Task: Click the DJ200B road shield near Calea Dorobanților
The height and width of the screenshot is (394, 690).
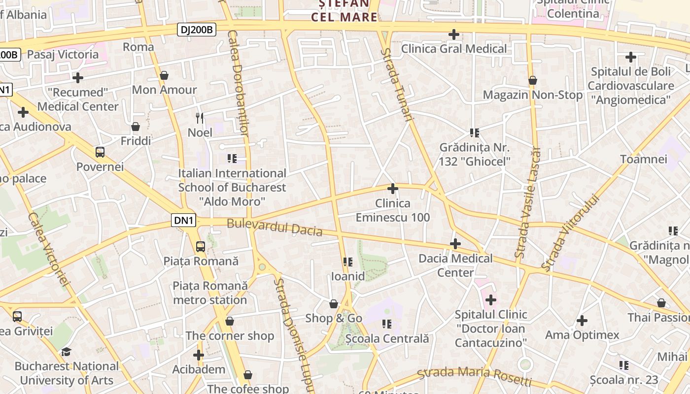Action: click(x=197, y=30)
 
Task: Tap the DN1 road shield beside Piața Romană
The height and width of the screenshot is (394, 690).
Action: click(x=183, y=220)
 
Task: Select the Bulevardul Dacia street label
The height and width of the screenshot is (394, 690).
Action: click(x=275, y=228)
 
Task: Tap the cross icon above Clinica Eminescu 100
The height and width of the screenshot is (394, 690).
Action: click(x=393, y=189)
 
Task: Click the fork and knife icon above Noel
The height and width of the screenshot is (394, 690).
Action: click(x=200, y=118)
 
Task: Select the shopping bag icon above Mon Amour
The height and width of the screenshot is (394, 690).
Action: click(x=164, y=75)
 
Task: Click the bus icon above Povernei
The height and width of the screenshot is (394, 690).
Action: click(x=100, y=152)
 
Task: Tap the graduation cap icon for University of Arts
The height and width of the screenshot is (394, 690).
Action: click(x=66, y=352)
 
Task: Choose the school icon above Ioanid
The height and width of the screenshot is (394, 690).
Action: click(x=348, y=262)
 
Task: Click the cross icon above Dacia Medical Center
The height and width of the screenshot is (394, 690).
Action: click(x=455, y=244)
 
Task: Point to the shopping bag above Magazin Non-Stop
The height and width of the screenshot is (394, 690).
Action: click(x=532, y=80)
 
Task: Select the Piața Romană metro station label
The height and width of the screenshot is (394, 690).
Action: click(x=210, y=293)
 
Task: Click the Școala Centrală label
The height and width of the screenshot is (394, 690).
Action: click(x=387, y=339)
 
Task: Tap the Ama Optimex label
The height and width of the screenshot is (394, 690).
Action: click(x=582, y=335)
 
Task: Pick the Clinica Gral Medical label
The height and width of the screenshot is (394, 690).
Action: click(x=454, y=49)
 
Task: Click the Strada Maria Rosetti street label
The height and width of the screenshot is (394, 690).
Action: click(x=474, y=376)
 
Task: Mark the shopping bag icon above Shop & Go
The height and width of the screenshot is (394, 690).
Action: click(x=334, y=304)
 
